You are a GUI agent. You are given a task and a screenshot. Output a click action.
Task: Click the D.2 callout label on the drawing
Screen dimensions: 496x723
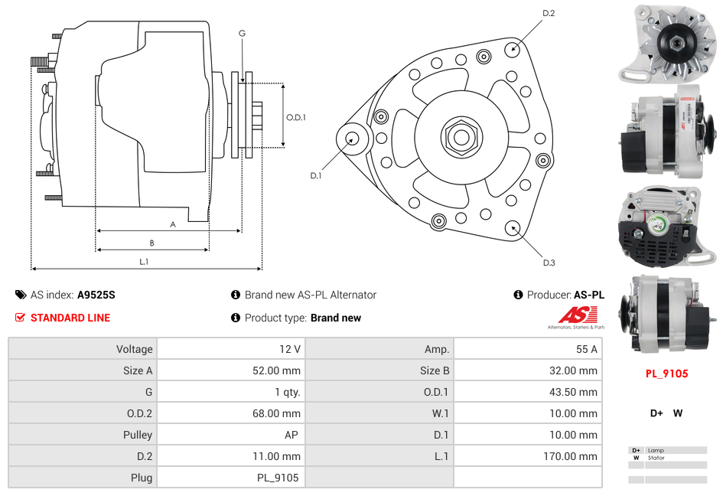tap(549, 13)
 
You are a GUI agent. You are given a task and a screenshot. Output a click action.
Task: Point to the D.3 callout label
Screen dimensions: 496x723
tap(549, 263)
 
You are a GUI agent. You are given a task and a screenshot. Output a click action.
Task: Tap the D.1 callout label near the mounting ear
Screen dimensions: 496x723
tap(316, 175)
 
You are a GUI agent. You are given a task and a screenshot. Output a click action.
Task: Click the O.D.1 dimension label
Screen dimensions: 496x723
tap(296, 117)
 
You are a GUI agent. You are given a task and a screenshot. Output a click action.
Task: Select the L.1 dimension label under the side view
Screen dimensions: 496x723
tap(143, 261)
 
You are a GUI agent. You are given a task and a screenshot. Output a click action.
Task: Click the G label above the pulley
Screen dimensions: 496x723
tap(242, 33)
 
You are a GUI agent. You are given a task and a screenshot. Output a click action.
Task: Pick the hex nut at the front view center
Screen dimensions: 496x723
tap(461, 137)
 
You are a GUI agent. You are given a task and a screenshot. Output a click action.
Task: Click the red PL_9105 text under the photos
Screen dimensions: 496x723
tap(666, 374)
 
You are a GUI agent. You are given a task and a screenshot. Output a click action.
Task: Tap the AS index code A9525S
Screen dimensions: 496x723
tap(96, 295)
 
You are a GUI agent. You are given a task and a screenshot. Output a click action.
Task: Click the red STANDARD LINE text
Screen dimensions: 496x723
tap(70, 318)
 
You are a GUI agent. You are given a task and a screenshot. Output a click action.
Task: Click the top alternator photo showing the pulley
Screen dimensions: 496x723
tap(667, 44)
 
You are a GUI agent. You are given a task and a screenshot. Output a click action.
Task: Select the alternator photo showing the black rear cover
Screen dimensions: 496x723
tap(667, 227)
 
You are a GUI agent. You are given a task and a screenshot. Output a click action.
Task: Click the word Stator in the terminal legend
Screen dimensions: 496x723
tap(656, 458)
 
